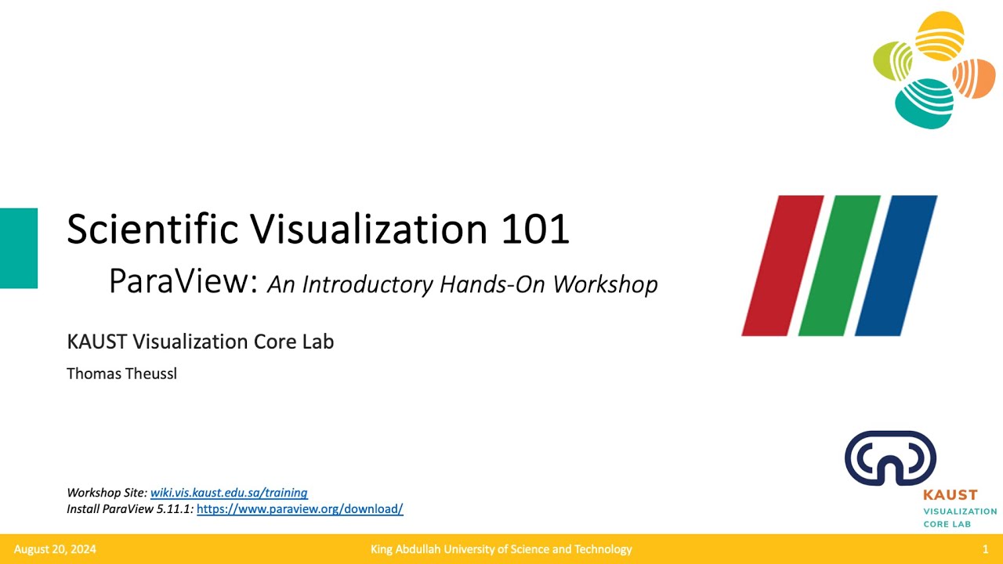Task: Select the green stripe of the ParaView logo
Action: click(839, 266)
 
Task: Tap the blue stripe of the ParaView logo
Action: click(896, 266)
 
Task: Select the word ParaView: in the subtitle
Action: click(183, 282)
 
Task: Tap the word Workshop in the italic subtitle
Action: click(605, 284)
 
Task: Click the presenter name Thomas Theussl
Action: click(121, 374)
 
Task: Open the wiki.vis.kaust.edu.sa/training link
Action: click(229, 493)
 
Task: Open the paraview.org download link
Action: click(299, 509)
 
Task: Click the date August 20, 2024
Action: click(55, 549)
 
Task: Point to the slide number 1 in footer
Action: click(985, 549)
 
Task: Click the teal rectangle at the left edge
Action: click(19, 248)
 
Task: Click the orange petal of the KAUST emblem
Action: click(974, 78)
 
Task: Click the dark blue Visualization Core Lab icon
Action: click(890, 458)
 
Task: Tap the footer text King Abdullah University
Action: click(501, 549)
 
